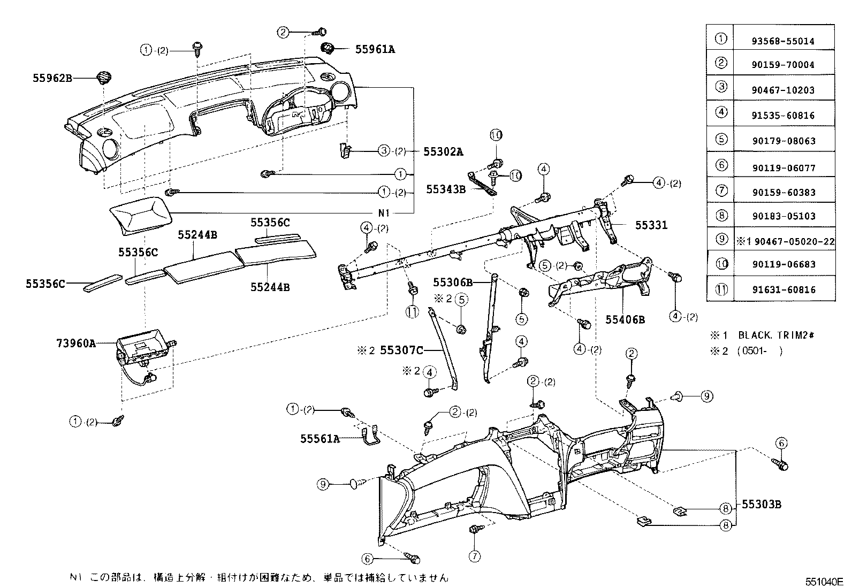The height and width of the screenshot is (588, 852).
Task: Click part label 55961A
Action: point(375,49)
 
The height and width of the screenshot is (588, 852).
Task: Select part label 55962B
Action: point(51,78)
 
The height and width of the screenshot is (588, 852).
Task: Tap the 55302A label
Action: point(443,151)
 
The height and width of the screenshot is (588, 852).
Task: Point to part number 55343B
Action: point(445,189)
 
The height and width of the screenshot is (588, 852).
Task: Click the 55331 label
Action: point(651,225)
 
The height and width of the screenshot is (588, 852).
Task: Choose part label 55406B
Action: point(625,320)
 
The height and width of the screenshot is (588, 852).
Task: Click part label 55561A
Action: point(319,439)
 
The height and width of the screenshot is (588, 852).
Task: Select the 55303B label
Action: point(762,505)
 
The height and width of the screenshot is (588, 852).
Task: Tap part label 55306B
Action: point(453,282)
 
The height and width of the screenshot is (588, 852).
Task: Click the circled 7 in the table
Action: point(721,190)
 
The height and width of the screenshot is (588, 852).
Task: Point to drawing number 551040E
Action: point(825,582)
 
